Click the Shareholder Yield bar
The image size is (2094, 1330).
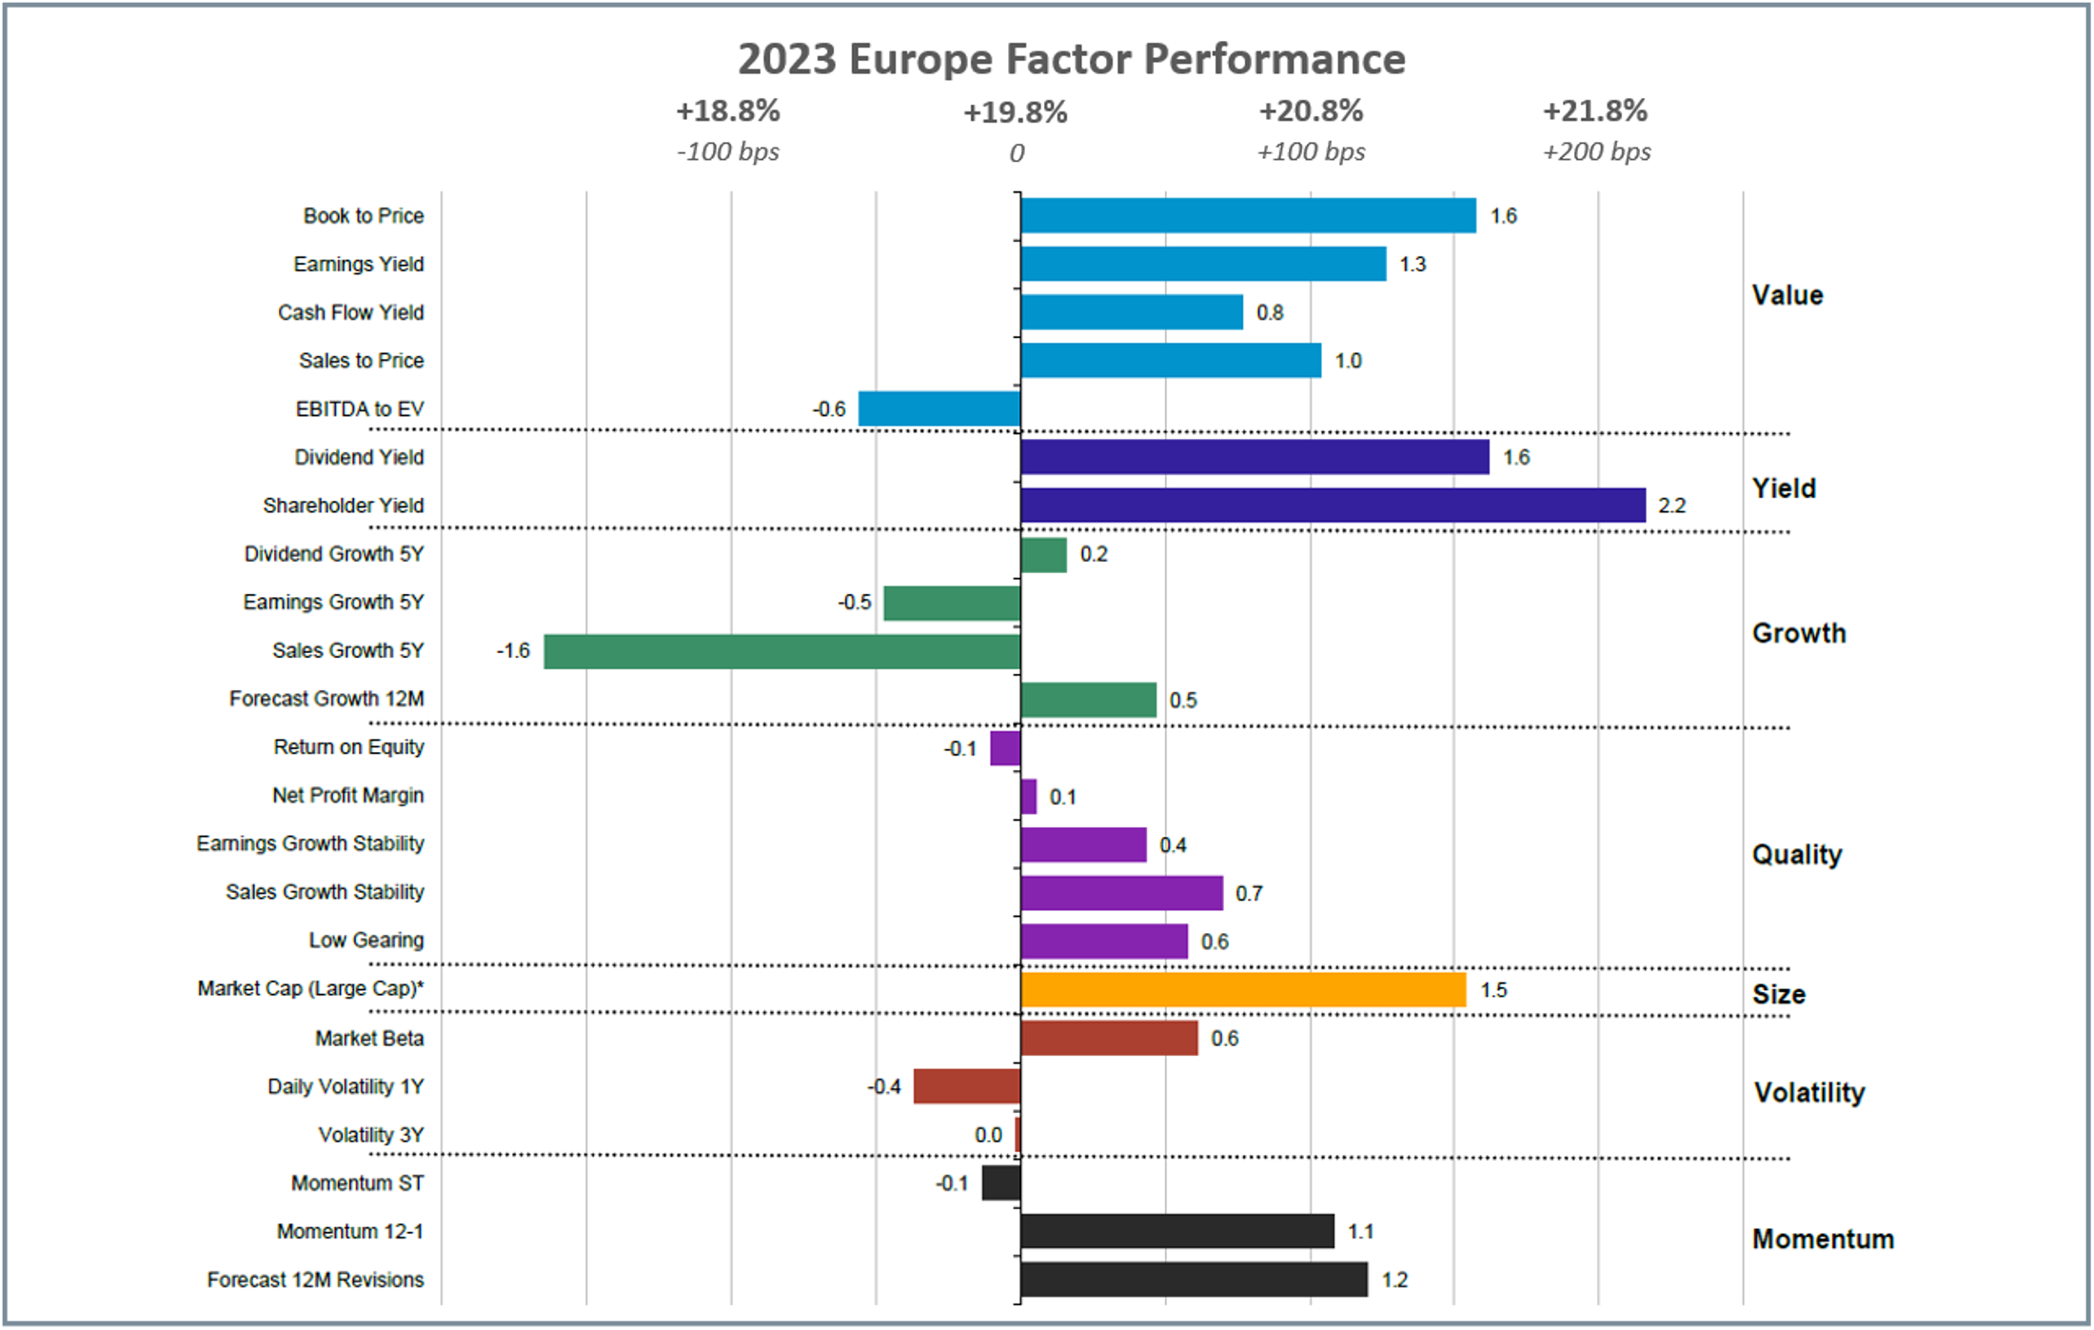1333,506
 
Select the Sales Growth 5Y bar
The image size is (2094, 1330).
782,651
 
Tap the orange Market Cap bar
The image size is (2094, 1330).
1243,990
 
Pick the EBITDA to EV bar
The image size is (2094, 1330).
939,409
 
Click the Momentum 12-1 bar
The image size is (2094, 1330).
1177,1231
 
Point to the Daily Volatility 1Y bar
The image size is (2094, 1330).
967,1086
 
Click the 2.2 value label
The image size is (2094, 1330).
1671,506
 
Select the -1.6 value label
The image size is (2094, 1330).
513,651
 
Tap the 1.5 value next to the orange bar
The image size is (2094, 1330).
1493,990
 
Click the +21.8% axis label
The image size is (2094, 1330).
1595,111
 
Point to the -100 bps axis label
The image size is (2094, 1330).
728,152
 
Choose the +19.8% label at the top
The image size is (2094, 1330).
1016,113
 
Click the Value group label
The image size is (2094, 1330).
1788,295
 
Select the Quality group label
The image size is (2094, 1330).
1797,855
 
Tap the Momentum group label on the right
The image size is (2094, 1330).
1823,1239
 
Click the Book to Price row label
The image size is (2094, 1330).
364,216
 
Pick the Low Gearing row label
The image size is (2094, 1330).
366,941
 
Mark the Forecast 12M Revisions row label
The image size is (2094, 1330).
316,1280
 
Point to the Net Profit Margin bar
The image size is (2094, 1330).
1029,797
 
